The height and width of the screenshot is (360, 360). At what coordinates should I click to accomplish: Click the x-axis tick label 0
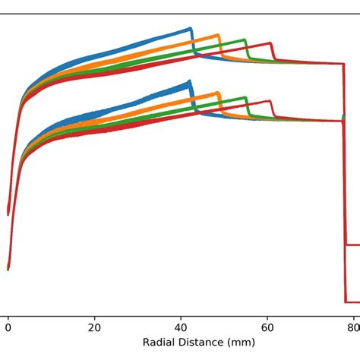(x=8, y=328)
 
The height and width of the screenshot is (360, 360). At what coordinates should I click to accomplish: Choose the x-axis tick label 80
(x=353, y=328)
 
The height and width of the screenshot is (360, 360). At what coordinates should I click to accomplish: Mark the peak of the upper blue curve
(x=189, y=29)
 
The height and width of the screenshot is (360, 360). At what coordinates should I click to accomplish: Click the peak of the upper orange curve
(x=218, y=35)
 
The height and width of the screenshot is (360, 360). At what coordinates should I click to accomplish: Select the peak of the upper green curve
(x=244, y=39)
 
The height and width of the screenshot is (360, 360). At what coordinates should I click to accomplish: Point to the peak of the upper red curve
(x=270, y=43)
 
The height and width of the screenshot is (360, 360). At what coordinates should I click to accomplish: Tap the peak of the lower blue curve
(x=188, y=82)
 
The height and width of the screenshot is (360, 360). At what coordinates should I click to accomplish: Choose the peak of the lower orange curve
(x=217, y=94)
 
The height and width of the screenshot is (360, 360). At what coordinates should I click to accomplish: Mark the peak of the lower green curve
(x=245, y=97)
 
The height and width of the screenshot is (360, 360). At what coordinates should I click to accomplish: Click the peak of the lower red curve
(x=270, y=101)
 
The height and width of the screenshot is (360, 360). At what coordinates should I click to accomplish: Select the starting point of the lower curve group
(x=8, y=268)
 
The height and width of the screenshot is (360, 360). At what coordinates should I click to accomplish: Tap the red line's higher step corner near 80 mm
(x=346, y=245)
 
